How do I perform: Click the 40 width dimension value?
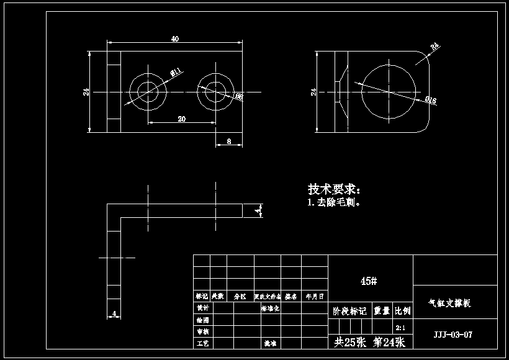click(x=175, y=38)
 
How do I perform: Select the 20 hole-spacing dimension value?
click(x=182, y=119)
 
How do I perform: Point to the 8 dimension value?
click(x=229, y=142)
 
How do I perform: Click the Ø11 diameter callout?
click(x=176, y=73)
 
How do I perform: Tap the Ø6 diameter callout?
click(x=238, y=97)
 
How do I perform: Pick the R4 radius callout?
click(x=435, y=46)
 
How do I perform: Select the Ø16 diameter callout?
click(x=431, y=100)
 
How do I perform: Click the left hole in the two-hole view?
click(x=148, y=92)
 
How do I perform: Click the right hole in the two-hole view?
click(x=215, y=92)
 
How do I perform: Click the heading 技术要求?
click(x=333, y=189)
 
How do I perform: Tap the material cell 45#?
click(x=369, y=281)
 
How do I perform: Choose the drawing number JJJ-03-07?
click(x=453, y=335)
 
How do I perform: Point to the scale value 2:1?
click(x=401, y=327)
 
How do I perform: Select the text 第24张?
click(x=389, y=342)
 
